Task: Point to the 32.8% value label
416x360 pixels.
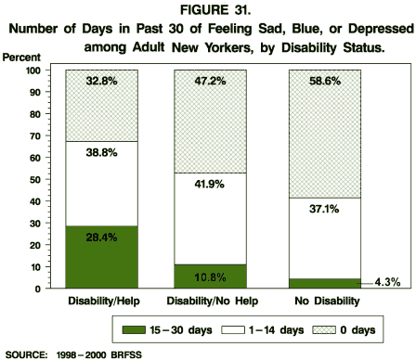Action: pos(100,82)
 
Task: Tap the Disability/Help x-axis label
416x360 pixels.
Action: pos(100,302)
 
